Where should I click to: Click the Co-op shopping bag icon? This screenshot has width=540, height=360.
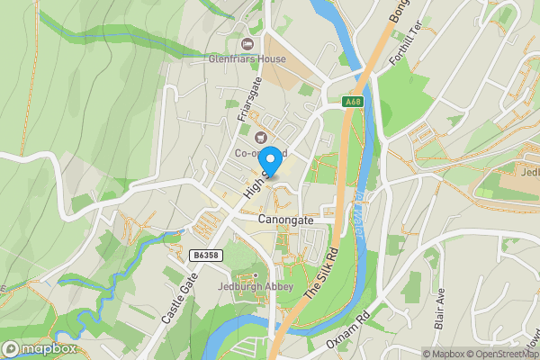[261, 138]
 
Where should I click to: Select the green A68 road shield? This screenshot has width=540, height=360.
[355, 103]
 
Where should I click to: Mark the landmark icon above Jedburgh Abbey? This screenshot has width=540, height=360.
[255, 274]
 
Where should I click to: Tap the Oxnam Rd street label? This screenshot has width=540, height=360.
[351, 329]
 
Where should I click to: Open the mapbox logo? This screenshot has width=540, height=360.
[40, 348]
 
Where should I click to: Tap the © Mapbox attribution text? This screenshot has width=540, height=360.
[444, 354]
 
